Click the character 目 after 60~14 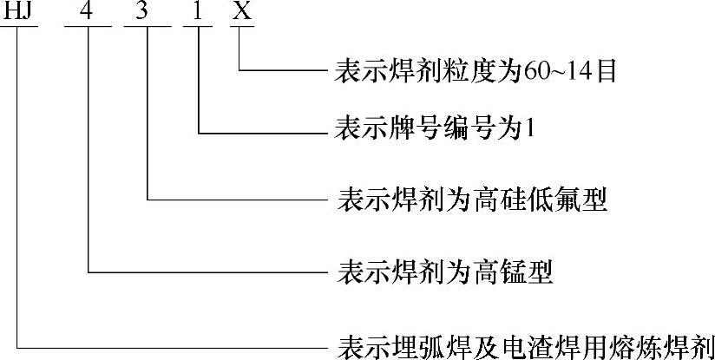[605, 70]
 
